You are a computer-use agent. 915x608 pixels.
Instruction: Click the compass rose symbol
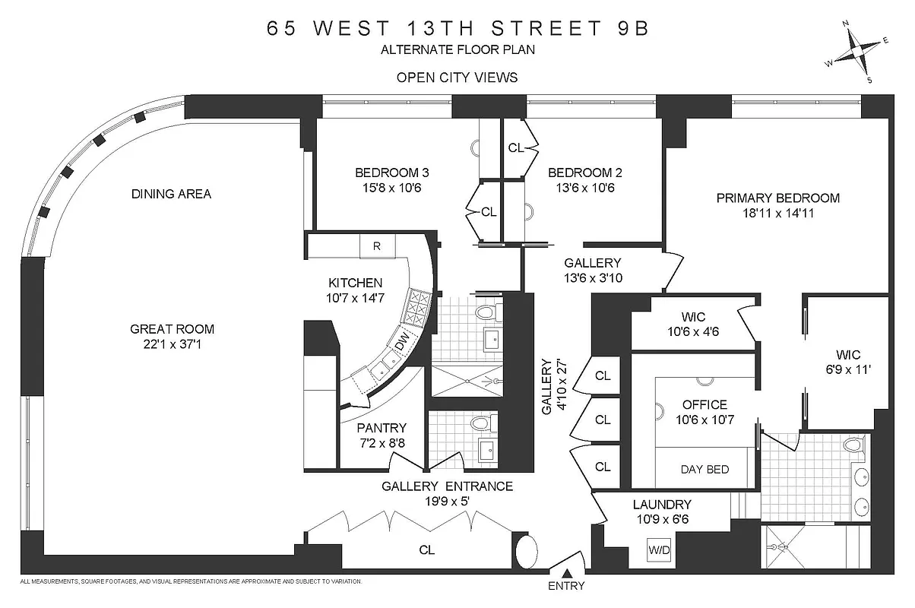click(x=860, y=52)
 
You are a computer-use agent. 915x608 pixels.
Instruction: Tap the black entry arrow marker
click(x=566, y=573)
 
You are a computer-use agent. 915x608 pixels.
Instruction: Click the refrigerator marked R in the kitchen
click(x=376, y=245)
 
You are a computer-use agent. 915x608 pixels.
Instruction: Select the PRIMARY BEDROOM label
click(x=777, y=198)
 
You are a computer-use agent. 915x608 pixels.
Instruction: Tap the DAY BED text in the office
click(x=704, y=469)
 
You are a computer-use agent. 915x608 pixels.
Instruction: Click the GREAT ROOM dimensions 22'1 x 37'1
click(x=173, y=344)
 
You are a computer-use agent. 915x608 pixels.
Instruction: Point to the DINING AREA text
click(x=171, y=194)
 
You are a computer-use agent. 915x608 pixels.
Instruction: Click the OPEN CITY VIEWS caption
click(x=457, y=77)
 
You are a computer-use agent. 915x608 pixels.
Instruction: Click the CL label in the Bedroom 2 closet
click(x=515, y=147)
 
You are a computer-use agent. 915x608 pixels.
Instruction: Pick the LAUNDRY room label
click(x=662, y=504)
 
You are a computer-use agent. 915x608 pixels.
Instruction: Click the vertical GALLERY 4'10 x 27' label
click(x=552, y=387)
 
